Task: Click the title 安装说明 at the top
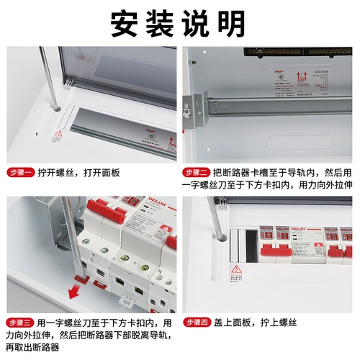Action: pyautogui.click(x=178, y=24)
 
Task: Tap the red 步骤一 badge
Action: pyautogui.click(x=22, y=173)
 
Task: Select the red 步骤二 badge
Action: pyautogui.click(x=197, y=173)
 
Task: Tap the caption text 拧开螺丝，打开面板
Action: pyautogui.click(x=80, y=173)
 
